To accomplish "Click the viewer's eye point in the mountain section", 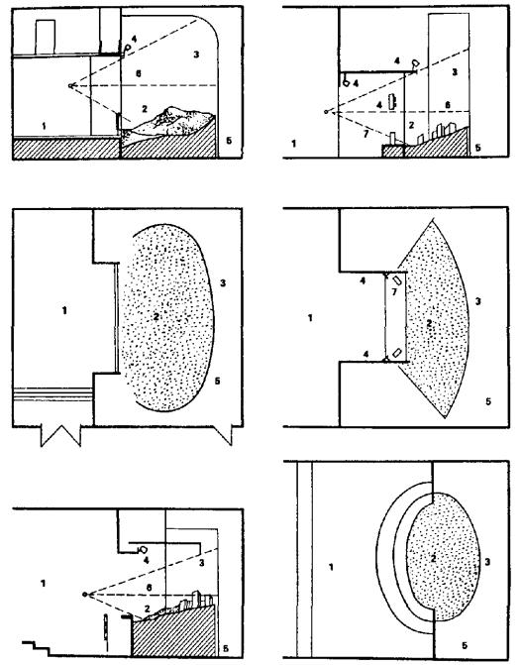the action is click(70, 85).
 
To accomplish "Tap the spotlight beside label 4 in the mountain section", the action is click(127, 48).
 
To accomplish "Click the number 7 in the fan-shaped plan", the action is click(394, 292).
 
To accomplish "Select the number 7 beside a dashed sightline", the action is click(365, 135).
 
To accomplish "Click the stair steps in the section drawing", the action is click(36, 648).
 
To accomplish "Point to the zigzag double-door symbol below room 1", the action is click(60, 436).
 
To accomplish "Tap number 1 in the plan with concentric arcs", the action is click(331, 567).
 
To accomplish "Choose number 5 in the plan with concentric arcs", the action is click(465, 645).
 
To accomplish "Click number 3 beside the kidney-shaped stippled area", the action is click(223, 282).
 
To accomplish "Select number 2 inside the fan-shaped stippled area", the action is click(429, 324).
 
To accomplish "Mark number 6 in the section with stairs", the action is click(149, 588).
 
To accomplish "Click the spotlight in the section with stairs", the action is click(143, 550).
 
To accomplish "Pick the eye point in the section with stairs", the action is click(85, 595).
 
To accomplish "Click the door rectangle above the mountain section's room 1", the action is click(46, 38).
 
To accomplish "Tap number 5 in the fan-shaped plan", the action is click(488, 400).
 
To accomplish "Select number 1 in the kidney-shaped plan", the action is click(64, 311).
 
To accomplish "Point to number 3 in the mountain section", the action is click(196, 55).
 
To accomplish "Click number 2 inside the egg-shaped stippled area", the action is click(433, 559).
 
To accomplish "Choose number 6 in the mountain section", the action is click(139, 73).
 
